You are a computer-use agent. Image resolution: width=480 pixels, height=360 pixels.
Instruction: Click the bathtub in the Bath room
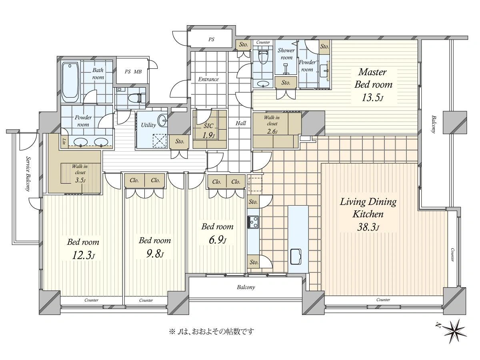point(70,83)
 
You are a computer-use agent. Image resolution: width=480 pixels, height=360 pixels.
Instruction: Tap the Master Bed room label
point(373,78)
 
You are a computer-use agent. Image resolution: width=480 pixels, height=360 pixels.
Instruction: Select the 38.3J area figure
point(368,227)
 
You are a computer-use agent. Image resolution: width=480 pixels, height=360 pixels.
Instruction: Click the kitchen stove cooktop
point(253,222)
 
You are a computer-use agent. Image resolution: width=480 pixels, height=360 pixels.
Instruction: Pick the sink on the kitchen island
point(296,257)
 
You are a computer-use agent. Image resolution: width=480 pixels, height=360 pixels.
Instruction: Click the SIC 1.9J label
point(208,131)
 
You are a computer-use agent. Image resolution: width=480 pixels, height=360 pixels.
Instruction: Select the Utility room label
point(148,125)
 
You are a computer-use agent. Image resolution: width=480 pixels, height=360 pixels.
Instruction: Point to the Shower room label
point(286,54)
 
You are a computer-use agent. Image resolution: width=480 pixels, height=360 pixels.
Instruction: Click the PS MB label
point(133,72)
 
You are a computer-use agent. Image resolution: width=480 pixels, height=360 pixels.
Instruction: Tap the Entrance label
point(208,79)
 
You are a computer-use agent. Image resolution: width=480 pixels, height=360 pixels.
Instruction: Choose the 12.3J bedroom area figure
point(83,255)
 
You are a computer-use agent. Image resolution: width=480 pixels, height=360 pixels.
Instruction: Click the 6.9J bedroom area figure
point(217,240)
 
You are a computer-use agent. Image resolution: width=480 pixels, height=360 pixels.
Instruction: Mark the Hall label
point(241,123)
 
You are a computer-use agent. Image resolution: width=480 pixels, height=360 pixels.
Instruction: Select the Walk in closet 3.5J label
point(80,173)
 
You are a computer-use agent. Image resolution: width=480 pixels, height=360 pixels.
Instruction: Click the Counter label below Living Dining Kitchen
point(383,300)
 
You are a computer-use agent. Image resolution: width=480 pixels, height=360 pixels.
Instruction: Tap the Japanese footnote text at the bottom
point(211,332)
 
